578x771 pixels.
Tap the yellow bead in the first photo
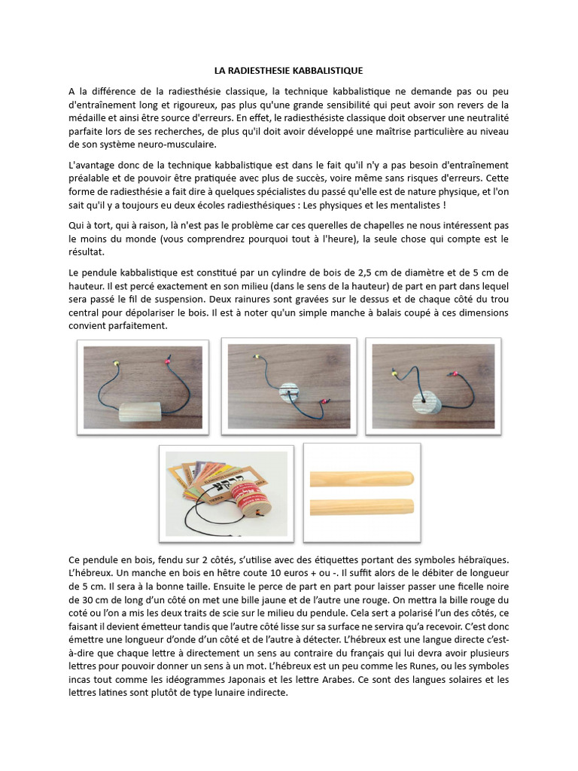[117, 364]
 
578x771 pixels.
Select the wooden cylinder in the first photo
[141, 411]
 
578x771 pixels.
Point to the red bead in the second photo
[322, 400]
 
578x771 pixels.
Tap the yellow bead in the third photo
[394, 368]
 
